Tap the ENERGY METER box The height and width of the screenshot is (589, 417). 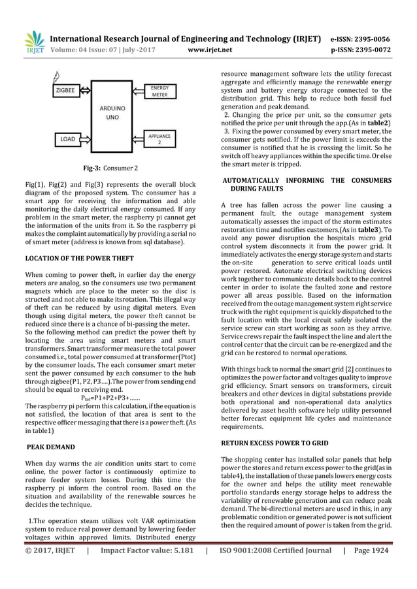point(159,91)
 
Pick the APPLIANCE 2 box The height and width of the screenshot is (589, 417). point(159,138)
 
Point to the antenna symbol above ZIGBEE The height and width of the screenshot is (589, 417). point(58,76)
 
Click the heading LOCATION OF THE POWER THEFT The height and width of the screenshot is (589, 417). point(80,258)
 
